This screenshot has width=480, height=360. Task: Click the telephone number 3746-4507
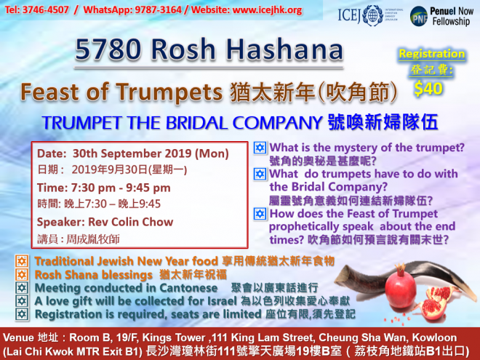tap(46, 9)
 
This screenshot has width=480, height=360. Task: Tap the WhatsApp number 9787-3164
tap(158, 9)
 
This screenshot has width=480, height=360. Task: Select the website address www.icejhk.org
tap(267, 10)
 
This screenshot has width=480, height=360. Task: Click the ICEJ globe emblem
tap(372, 15)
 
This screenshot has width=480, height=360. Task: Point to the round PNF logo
tap(418, 16)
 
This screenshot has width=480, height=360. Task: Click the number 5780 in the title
tap(108, 49)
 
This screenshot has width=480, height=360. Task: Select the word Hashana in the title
tap(284, 49)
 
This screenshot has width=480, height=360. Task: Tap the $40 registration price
tap(428, 89)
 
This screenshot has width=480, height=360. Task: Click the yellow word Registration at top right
tap(431, 54)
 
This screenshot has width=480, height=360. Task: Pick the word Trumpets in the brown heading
tap(169, 92)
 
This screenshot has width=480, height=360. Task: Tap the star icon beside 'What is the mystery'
tap(260, 148)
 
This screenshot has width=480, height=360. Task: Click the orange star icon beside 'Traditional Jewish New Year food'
tap(22, 261)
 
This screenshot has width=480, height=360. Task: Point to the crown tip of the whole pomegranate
tap(400, 265)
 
